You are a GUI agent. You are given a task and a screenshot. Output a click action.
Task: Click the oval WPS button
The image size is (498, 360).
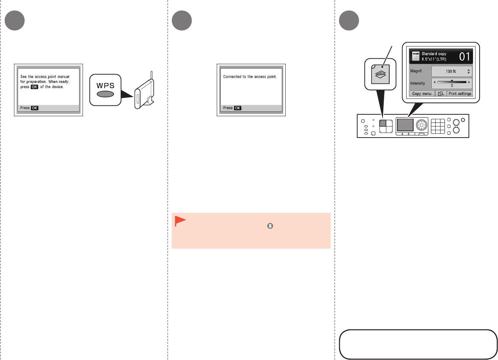pos(105,94)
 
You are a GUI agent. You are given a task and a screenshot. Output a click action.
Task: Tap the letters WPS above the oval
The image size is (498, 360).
pos(105,86)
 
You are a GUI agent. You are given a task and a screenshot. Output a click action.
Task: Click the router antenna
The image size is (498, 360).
pos(152,79)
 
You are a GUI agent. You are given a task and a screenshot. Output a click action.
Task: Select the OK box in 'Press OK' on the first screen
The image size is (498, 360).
pos(35,108)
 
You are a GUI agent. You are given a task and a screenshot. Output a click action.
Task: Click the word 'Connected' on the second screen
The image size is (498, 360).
pos(232,77)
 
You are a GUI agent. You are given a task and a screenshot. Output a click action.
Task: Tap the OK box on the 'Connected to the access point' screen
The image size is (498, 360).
pos(238,108)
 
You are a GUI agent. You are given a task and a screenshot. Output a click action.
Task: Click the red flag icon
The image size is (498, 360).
pos(180,221)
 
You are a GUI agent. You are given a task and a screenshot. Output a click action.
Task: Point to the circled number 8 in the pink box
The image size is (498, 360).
pos(270,226)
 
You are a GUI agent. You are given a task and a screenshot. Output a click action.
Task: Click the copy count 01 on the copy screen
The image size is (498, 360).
pos(464,56)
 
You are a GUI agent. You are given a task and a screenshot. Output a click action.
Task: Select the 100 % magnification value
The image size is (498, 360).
pos(451,72)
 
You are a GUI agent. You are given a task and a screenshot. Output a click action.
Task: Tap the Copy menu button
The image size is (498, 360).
pos(422,94)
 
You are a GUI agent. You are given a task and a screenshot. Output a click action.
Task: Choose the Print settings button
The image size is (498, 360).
pos(460,94)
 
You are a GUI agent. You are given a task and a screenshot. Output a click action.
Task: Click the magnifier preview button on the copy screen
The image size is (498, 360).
pos(441,94)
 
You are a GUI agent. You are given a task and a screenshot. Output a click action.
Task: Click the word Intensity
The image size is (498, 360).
pos(418,83)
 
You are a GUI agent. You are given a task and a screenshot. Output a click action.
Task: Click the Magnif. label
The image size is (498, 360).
pos(417,71)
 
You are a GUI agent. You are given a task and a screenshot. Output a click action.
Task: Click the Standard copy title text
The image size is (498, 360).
pos(434,54)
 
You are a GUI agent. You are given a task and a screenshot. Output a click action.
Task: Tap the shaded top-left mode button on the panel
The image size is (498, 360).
pos(383,123)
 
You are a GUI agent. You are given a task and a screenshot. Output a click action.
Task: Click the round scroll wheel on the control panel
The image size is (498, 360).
pos(422,125)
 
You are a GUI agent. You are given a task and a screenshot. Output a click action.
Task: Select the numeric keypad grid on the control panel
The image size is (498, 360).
pos(438,126)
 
